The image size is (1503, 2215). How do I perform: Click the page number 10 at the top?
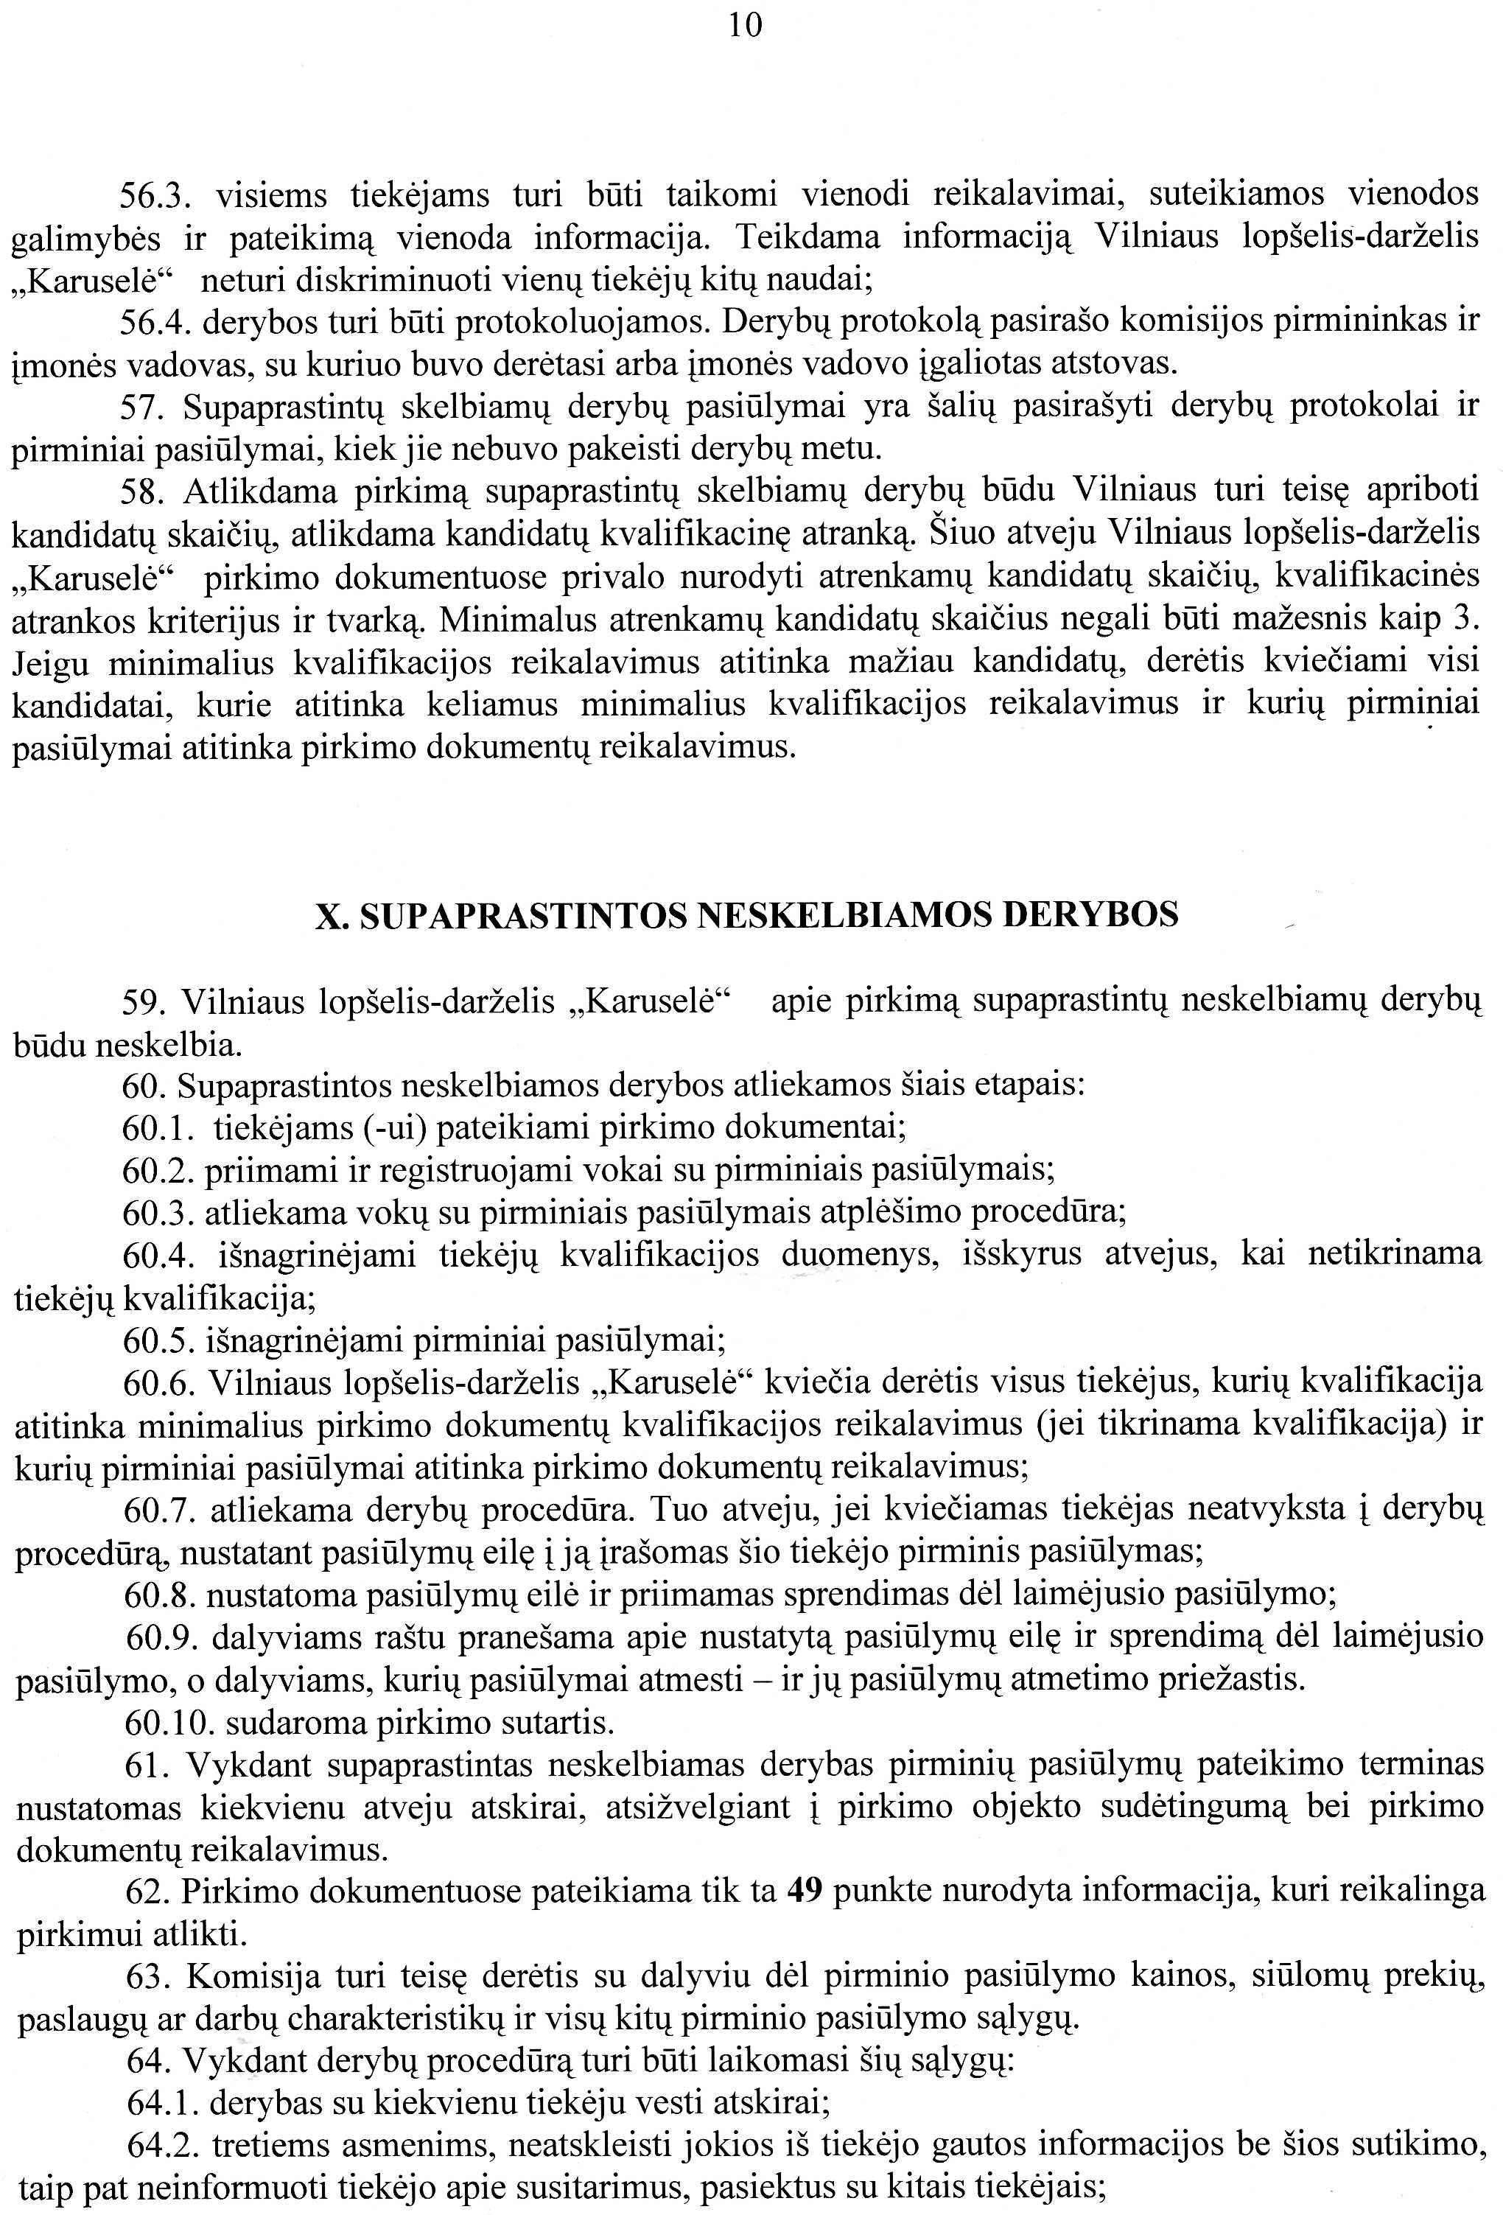[746, 26]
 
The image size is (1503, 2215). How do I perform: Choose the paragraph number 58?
[142, 491]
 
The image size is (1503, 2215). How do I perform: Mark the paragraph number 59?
[142, 1003]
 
